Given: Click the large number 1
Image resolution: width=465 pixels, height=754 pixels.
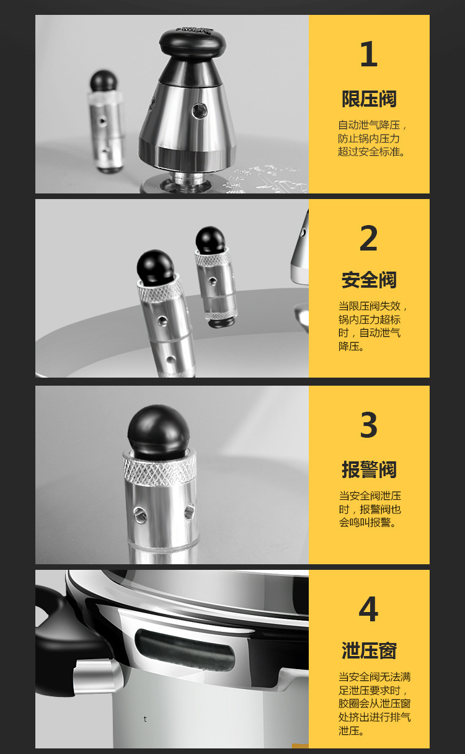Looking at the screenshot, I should tap(368, 55).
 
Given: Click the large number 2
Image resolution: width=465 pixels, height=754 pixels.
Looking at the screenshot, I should tap(368, 239).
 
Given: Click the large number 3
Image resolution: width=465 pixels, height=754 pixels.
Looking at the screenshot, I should tap(368, 425).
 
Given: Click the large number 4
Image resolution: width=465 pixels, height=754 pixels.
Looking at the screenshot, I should tap(368, 610).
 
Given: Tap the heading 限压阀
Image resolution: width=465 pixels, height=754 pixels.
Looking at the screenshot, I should tap(369, 99).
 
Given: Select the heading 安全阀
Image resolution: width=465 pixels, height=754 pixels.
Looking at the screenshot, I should tap(369, 280).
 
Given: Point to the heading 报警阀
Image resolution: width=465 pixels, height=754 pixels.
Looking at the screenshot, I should tap(369, 469).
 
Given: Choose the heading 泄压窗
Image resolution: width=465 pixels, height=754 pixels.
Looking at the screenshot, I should tap(369, 650).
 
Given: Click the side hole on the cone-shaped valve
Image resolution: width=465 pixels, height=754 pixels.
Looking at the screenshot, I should tap(198, 111).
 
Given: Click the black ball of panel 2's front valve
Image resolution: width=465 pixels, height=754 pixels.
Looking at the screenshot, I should tap(155, 265).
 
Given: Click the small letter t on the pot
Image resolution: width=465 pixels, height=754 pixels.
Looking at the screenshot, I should tap(145, 719).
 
